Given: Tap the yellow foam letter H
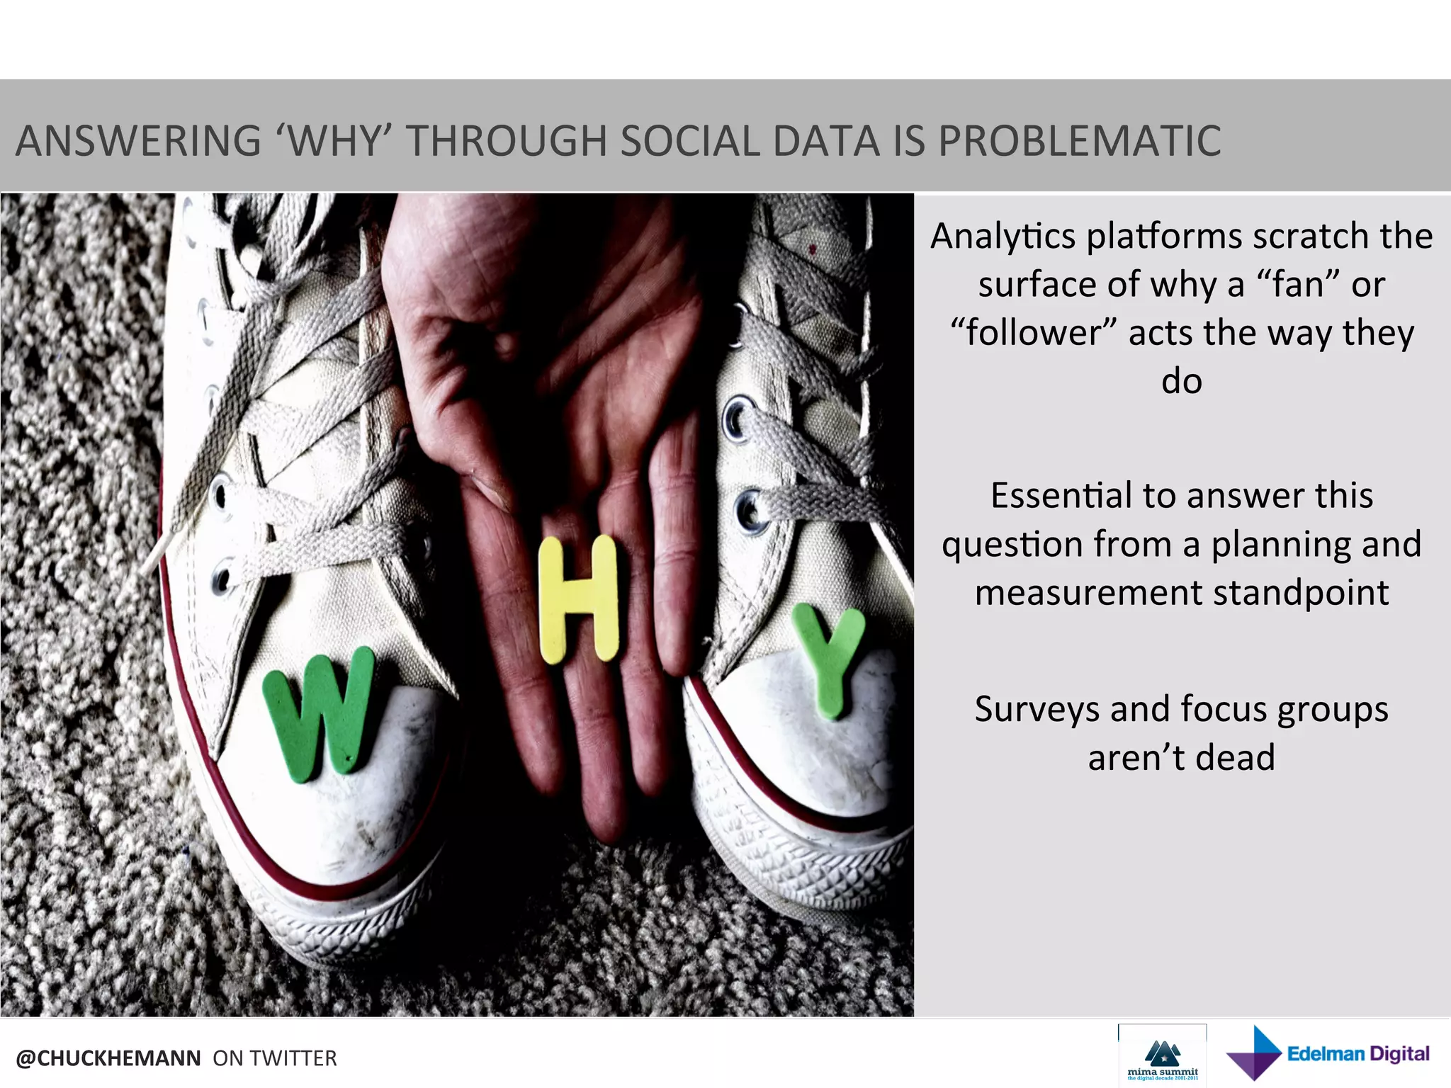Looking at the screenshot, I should pos(578,599).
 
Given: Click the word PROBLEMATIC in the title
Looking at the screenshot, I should pos(1080,140).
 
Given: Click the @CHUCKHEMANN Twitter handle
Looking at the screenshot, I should pos(108,1058).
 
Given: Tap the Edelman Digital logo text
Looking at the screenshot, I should pos(1357,1053).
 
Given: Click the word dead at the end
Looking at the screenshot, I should pos(1236,757).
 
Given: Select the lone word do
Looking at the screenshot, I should pos(1181,381).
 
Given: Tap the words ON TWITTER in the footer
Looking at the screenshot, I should pos(275,1058).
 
